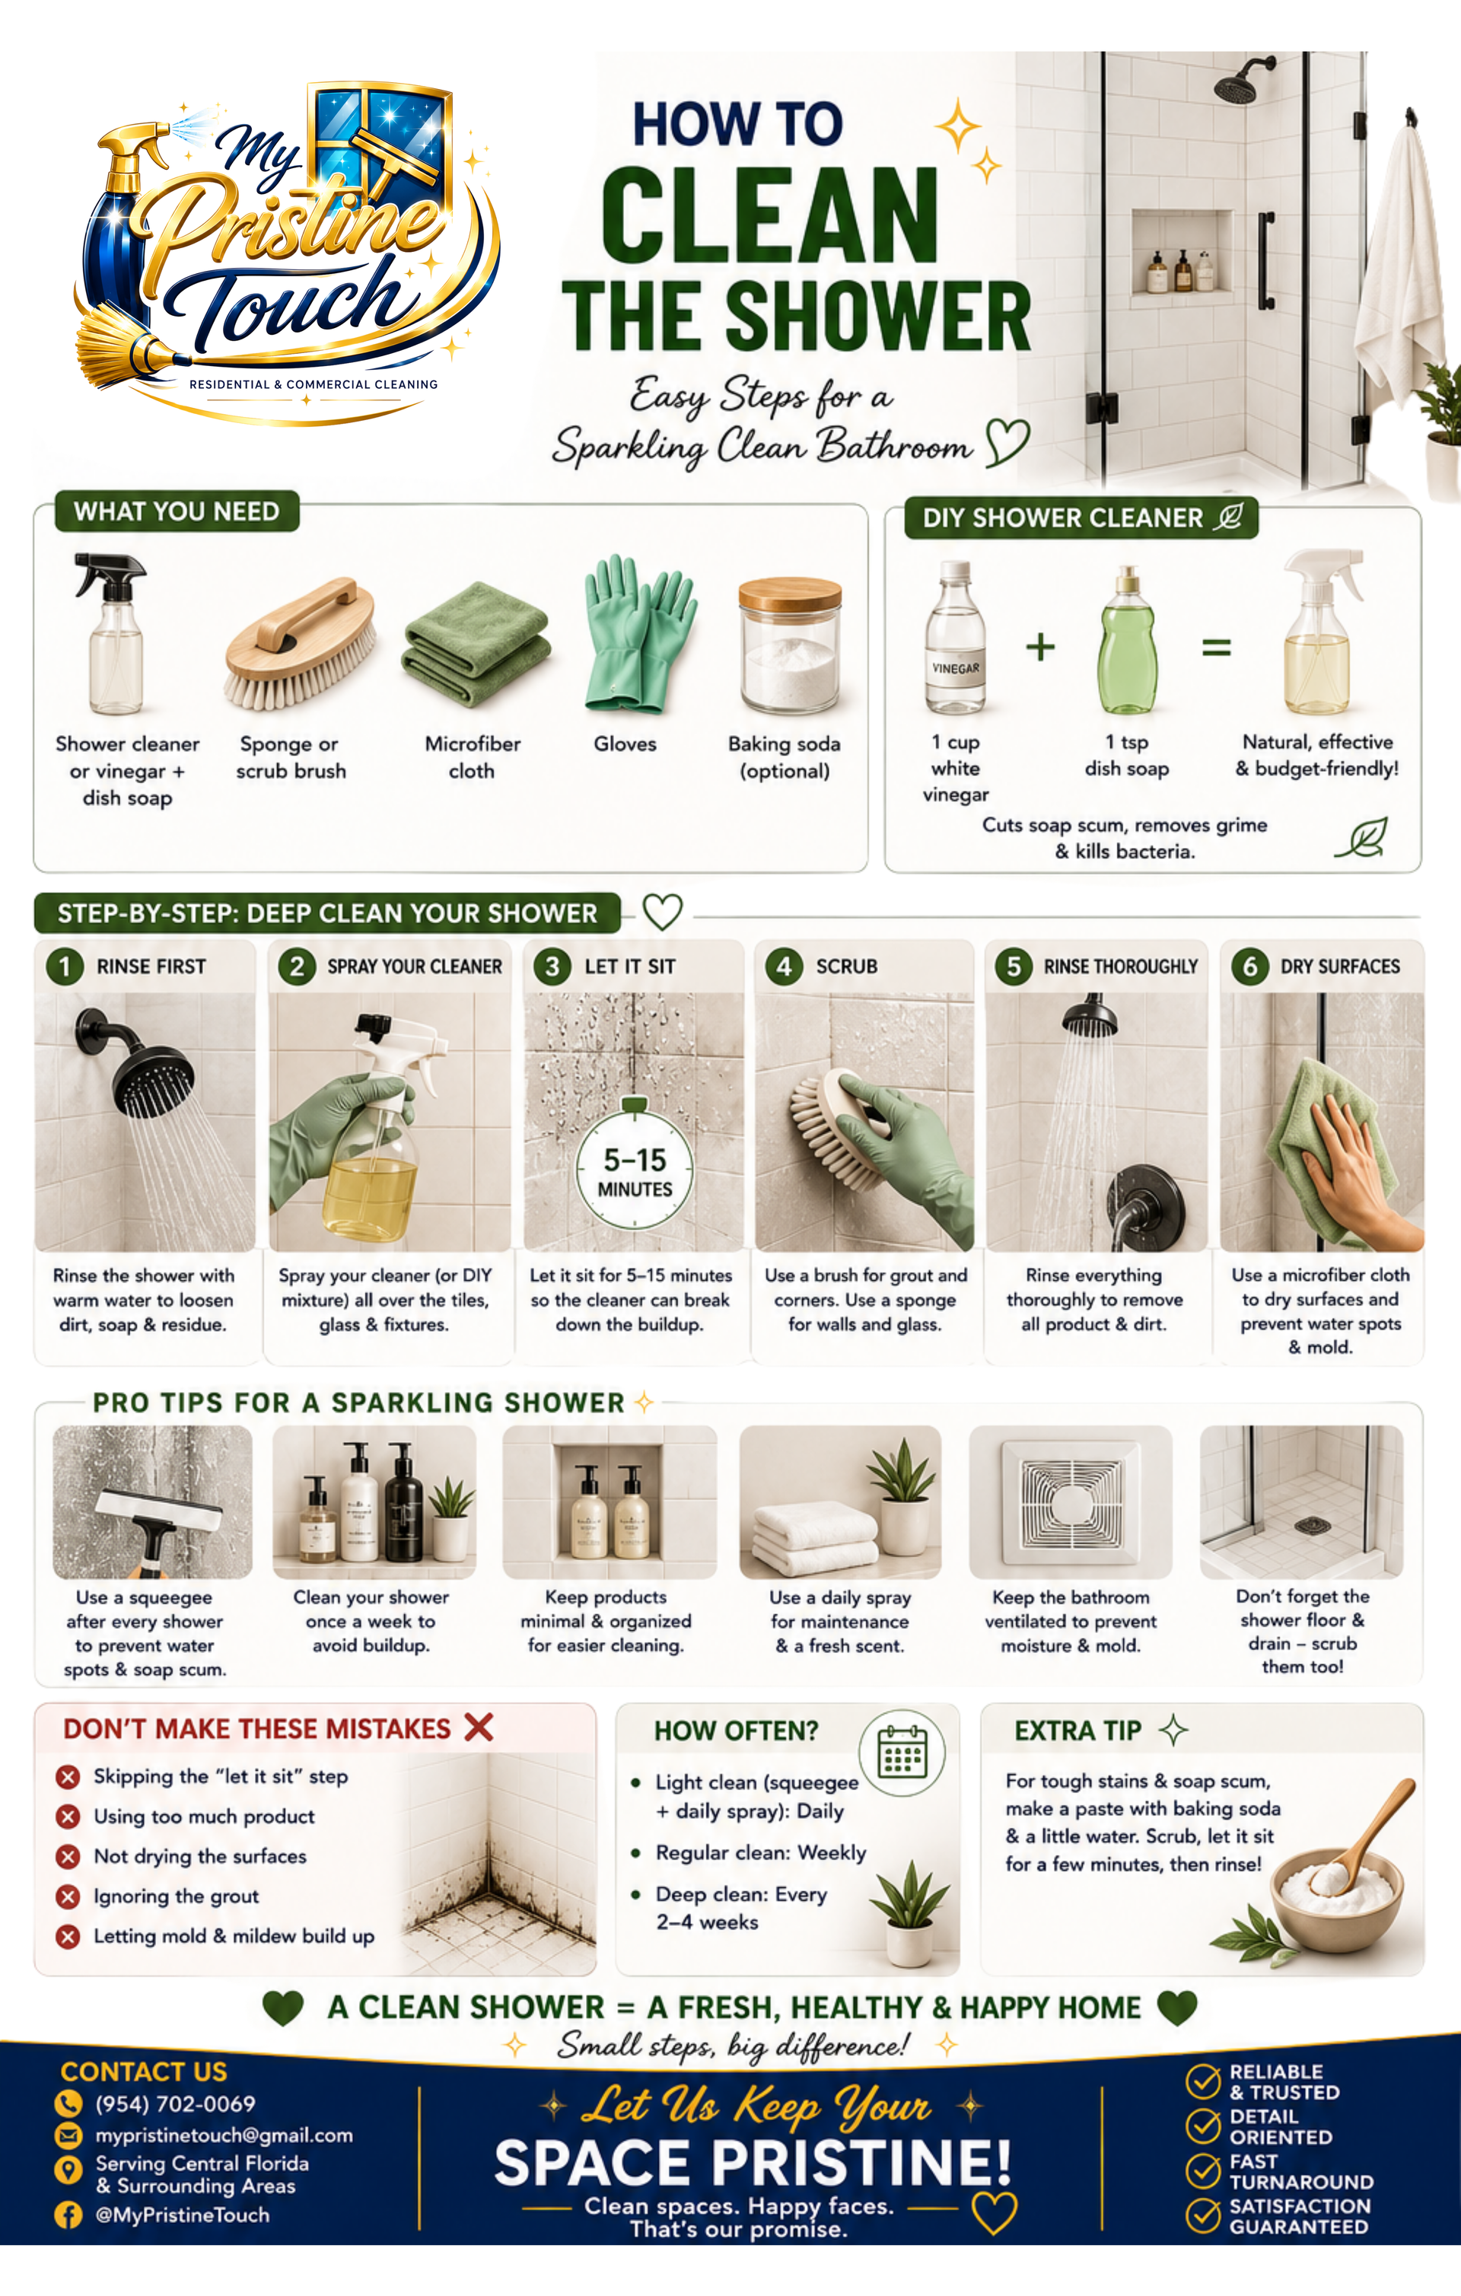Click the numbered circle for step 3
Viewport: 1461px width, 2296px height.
552,966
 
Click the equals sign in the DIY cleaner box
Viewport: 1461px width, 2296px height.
1216,648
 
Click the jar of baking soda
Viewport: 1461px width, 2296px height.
790,645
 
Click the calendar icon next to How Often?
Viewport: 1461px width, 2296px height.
902,1752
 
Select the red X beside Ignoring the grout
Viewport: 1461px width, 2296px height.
68,1896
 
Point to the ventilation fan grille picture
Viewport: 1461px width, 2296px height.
1070,1501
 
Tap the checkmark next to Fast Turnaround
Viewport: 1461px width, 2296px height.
1202,2171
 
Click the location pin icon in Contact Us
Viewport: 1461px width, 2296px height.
68,2171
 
